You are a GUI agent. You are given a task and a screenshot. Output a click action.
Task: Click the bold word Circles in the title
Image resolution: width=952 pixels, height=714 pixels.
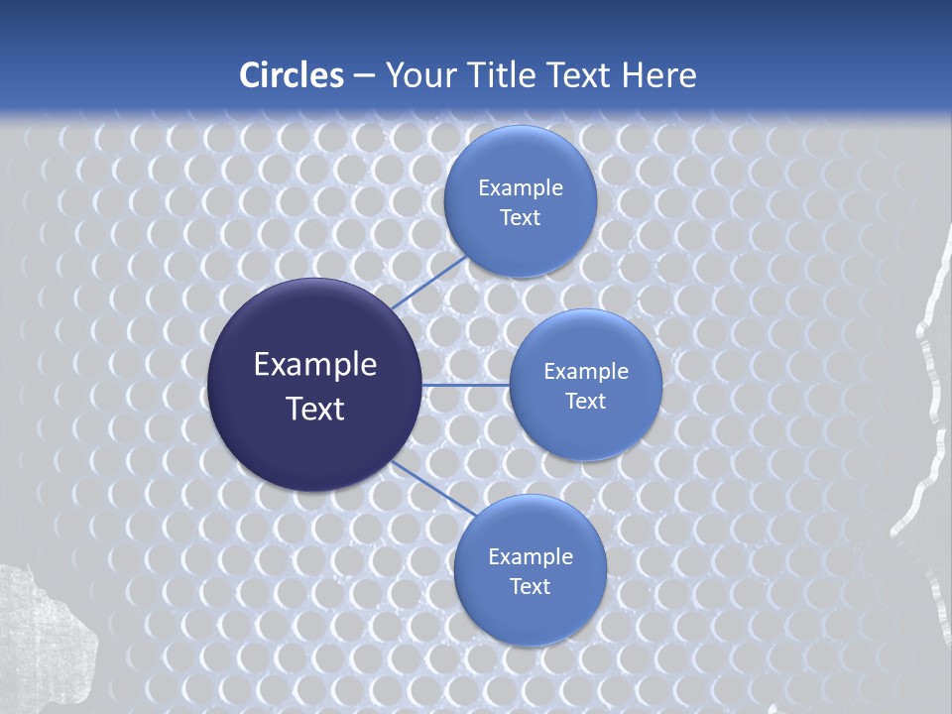[292, 75]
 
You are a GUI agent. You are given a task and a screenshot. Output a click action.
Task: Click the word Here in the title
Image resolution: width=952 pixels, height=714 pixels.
[658, 75]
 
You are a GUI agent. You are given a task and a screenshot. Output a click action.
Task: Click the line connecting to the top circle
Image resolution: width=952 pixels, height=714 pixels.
[428, 283]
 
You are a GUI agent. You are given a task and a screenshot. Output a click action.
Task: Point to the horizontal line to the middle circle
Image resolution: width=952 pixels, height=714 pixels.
[466, 385]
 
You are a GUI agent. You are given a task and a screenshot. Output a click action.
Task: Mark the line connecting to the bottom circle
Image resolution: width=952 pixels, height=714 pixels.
[432, 488]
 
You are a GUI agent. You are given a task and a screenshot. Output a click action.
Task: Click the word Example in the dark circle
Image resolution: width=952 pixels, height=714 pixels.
[315, 365]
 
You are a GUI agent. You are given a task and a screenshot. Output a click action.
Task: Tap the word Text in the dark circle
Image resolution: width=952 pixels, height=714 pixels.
[315, 409]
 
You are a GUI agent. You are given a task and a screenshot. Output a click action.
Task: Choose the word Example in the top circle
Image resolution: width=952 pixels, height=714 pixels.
[521, 188]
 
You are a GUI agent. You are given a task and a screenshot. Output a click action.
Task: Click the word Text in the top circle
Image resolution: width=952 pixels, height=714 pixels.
[520, 218]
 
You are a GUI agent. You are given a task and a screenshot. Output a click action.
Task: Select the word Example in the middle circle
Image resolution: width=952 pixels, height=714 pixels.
[586, 372]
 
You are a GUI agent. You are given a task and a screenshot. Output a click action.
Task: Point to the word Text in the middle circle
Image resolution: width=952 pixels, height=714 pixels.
[585, 402]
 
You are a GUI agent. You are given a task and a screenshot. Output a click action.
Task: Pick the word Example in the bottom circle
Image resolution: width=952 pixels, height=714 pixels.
[531, 557]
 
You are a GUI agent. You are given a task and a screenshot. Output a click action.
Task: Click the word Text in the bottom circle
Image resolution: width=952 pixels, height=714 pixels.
[530, 587]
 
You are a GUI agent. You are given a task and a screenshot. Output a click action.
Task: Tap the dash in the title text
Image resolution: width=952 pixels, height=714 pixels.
[364, 75]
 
